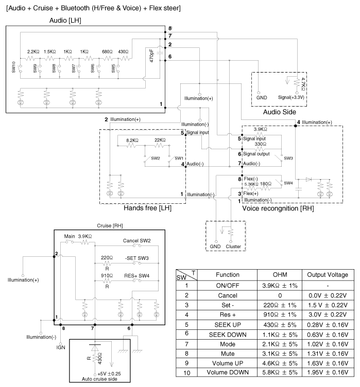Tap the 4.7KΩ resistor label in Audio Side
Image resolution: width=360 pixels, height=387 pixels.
(304, 82)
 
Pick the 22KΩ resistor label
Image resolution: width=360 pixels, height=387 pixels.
(160, 139)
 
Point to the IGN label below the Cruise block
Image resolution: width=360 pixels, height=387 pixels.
(61, 347)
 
